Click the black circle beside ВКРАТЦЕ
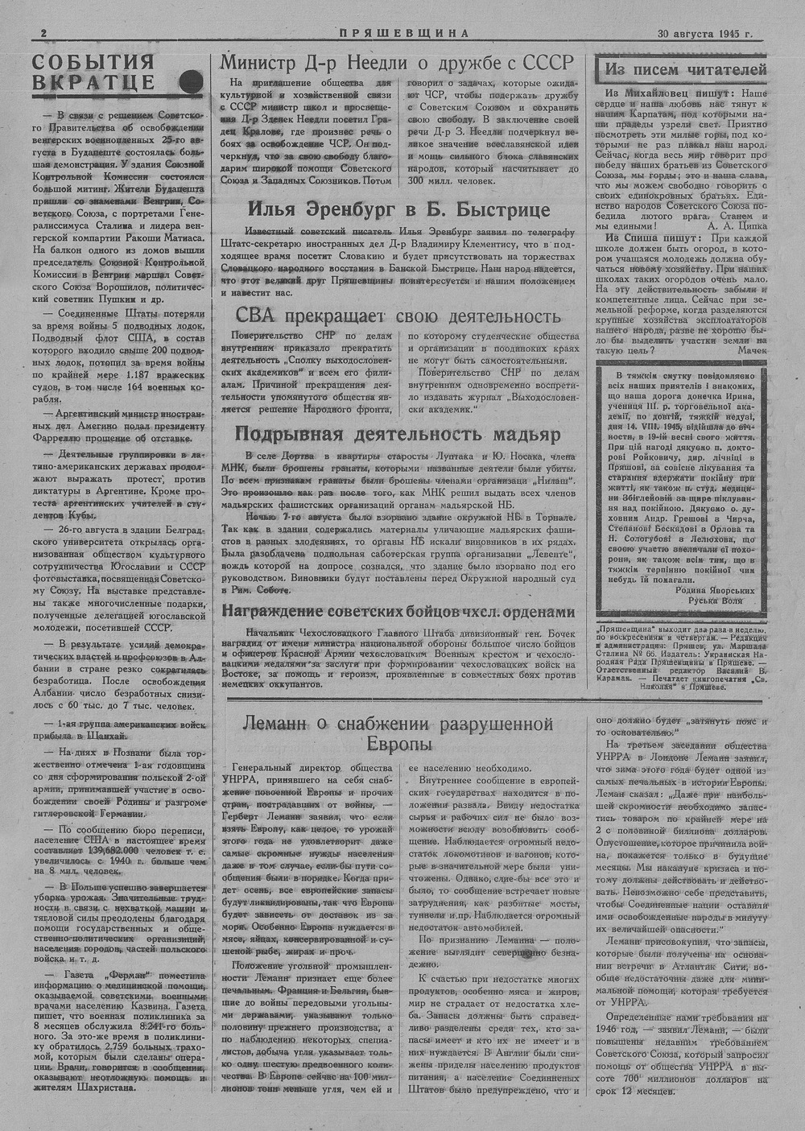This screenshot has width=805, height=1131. [x=191, y=80]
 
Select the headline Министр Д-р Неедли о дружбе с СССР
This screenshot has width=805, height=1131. [x=397, y=63]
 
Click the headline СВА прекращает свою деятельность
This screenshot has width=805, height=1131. [x=393, y=316]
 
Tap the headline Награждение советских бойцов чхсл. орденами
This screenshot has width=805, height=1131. [x=398, y=612]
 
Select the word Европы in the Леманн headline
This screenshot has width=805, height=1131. [x=399, y=745]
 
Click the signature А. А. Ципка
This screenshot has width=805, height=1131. [x=734, y=227]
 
